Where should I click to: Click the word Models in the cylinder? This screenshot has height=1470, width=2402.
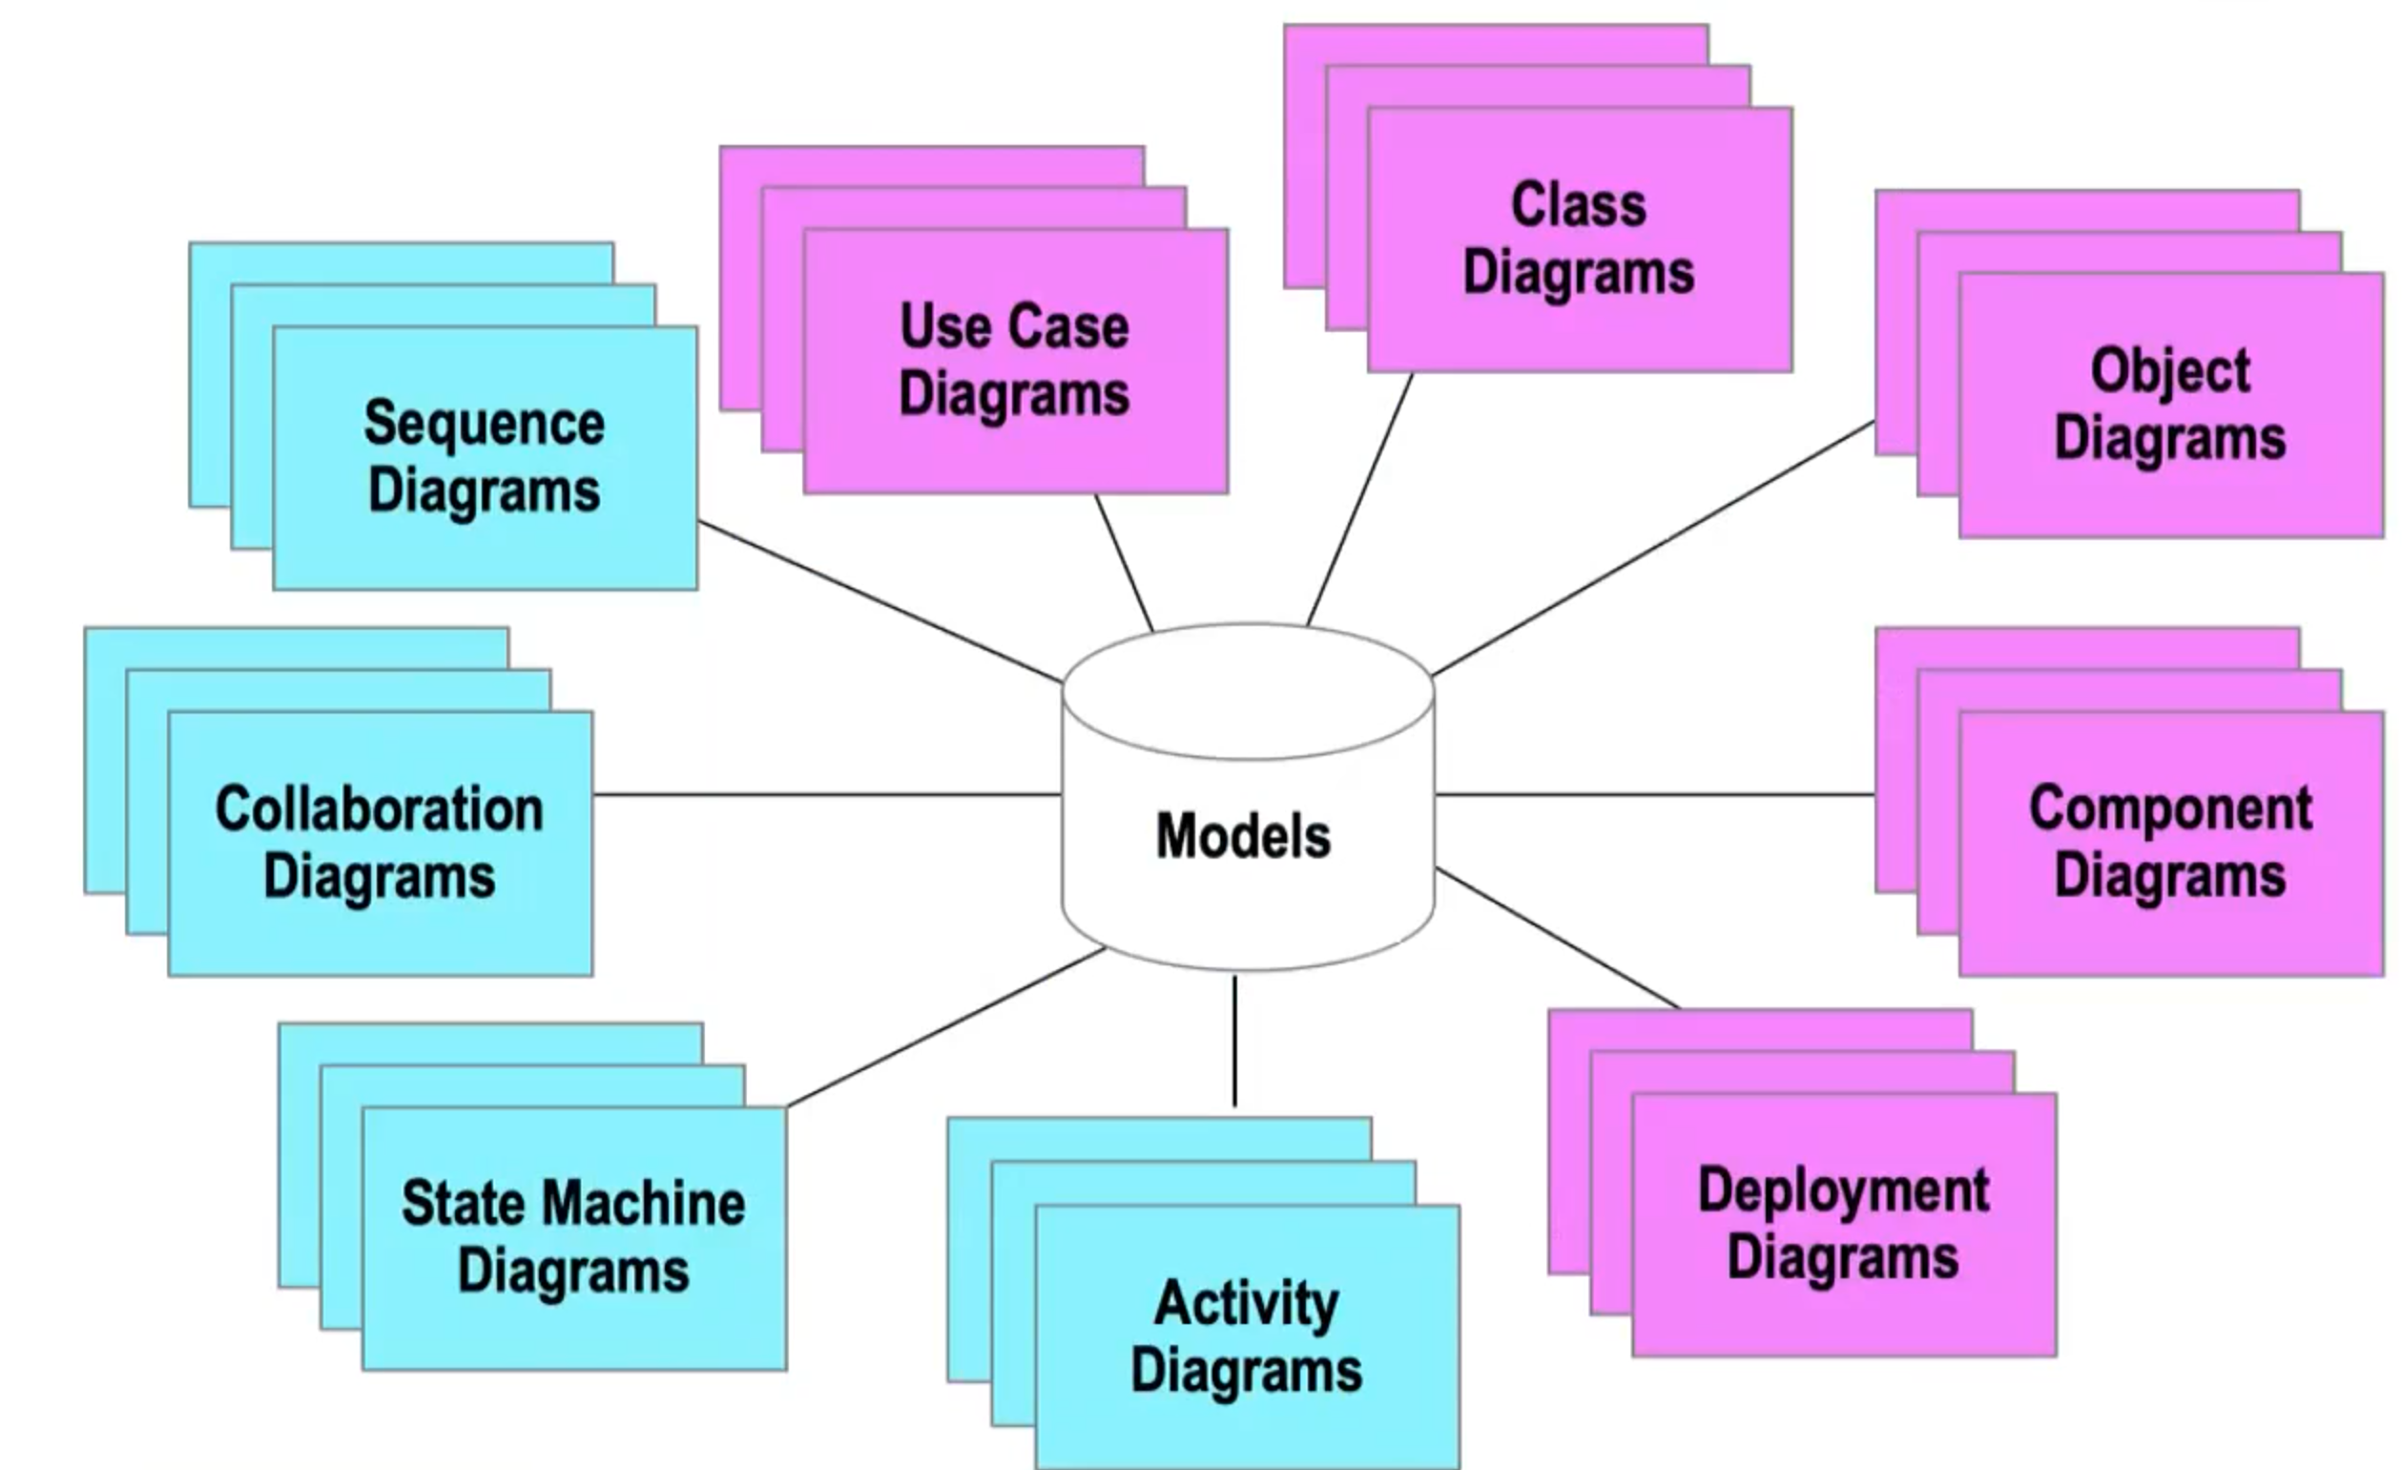tap(1243, 837)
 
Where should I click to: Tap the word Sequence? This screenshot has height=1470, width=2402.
tap(485, 424)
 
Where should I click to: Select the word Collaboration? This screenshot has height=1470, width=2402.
tap(380, 809)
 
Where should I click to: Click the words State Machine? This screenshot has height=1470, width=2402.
tap(573, 1203)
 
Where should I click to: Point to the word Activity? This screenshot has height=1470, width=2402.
tap(1247, 1303)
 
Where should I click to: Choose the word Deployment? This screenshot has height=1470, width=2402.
tap(1843, 1190)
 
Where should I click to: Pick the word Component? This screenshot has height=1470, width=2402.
tap(2170, 808)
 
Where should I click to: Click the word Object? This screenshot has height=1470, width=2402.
tap(2170, 371)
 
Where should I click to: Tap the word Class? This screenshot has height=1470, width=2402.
tap(1578, 206)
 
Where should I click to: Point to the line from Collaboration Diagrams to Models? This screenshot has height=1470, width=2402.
tap(827, 795)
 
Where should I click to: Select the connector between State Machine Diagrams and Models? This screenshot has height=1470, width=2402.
tap(945, 1027)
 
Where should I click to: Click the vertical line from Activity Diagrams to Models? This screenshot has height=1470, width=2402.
tap(1234, 1041)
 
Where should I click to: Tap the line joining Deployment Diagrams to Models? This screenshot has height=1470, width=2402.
tap(1557, 937)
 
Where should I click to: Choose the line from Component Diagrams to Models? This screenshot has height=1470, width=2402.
tap(1654, 795)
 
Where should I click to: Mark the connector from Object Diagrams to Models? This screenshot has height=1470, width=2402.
tap(1654, 548)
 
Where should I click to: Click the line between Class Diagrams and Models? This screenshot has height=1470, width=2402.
tap(1360, 498)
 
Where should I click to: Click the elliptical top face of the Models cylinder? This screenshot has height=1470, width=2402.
tap(1248, 692)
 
